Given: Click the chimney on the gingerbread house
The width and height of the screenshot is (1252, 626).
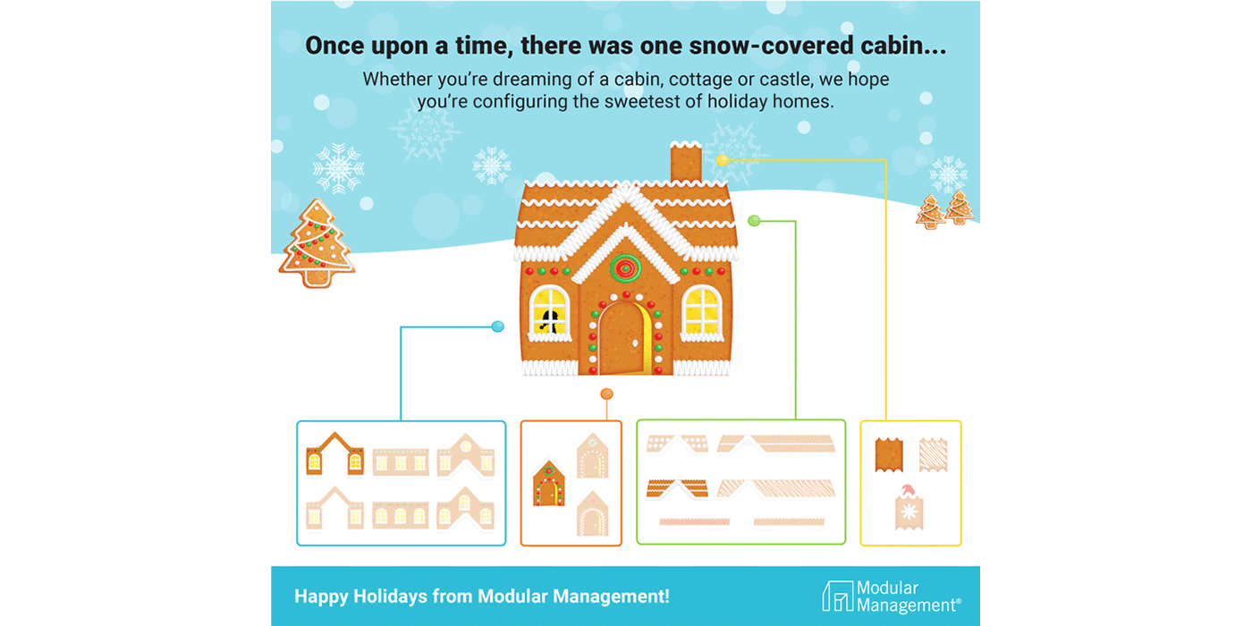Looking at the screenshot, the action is [x=686, y=162].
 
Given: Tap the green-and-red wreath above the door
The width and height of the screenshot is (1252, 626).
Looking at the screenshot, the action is [x=625, y=267].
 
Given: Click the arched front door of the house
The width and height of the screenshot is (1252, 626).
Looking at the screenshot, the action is [x=623, y=339].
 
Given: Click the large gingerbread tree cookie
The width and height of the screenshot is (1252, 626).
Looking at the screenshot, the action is [x=317, y=243].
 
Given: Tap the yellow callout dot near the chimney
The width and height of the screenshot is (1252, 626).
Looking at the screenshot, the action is [x=723, y=160].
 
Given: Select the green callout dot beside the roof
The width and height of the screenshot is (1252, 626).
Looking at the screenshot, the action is [x=754, y=221].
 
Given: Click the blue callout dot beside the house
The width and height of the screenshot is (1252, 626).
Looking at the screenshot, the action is [x=497, y=326].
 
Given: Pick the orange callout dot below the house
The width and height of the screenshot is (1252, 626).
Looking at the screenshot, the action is [x=606, y=394].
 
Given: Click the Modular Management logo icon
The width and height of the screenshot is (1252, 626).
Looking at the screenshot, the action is [x=837, y=596].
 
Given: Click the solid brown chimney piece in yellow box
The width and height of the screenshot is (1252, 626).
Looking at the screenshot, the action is [x=889, y=455].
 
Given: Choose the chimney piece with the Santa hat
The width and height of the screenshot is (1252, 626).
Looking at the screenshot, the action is [x=909, y=507].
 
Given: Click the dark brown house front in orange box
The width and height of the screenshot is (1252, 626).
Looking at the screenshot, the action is [x=549, y=483].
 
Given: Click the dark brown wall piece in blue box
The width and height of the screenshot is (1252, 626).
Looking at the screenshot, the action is [x=334, y=455].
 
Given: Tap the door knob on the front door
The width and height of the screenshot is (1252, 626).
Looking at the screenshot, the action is [x=636, y=343].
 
